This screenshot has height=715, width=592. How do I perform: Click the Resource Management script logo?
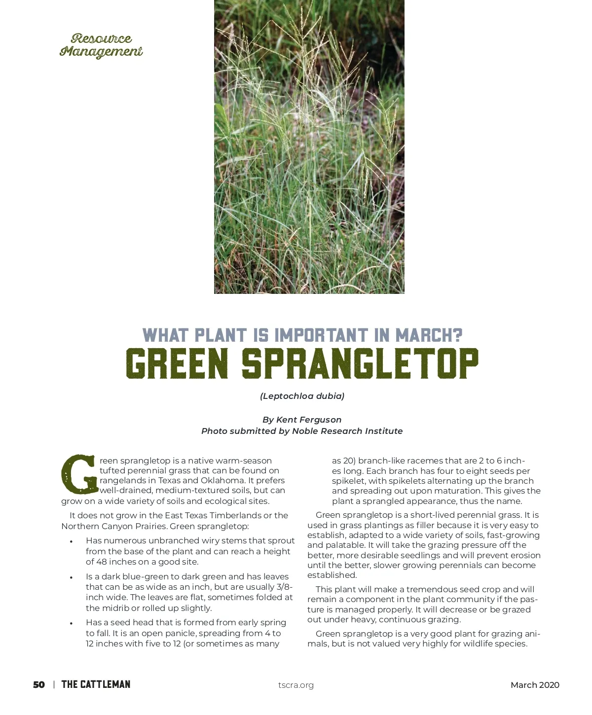coord(101,45)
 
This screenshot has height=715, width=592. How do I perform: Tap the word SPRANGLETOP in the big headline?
coord(360,364)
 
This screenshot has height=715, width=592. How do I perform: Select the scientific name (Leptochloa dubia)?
coord(302,396)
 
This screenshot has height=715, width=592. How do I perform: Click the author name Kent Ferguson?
coord(309,420)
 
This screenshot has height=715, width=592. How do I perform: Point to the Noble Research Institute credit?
coord(347,431)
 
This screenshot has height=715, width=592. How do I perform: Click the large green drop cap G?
coord(78,474)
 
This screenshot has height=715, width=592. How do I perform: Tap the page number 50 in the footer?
coord(39,684)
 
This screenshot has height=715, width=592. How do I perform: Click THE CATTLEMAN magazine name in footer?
coord(96,684)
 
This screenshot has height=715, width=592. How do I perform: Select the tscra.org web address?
coord(296,685)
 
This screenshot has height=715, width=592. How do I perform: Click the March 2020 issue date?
coord(535,685)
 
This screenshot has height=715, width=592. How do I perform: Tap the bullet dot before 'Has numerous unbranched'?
coord(72,541)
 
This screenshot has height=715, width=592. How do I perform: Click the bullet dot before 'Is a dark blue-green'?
coord(72,577)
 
